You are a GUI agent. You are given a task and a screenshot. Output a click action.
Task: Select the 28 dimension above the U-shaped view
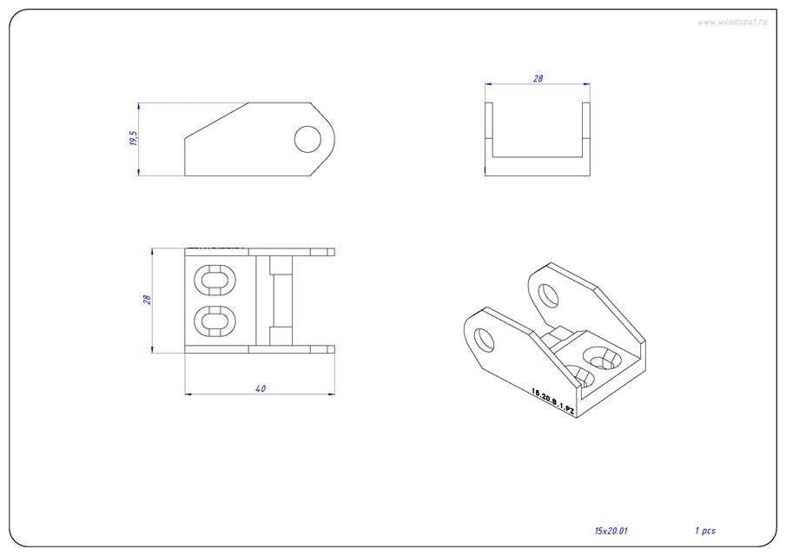coord(538,78)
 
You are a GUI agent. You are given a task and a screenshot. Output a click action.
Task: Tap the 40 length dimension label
coord(261,388)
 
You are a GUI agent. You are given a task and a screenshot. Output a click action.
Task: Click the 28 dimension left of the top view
coord(148,299)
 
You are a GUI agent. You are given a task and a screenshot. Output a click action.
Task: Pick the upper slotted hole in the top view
coord(214,280)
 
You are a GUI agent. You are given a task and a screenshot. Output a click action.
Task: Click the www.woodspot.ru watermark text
coord(732,22)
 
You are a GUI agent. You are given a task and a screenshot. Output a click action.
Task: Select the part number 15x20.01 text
coord(611,530)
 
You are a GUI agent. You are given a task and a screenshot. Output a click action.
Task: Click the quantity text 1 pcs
coord(704,530)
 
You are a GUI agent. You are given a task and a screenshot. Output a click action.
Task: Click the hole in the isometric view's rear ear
coord(548,295)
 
